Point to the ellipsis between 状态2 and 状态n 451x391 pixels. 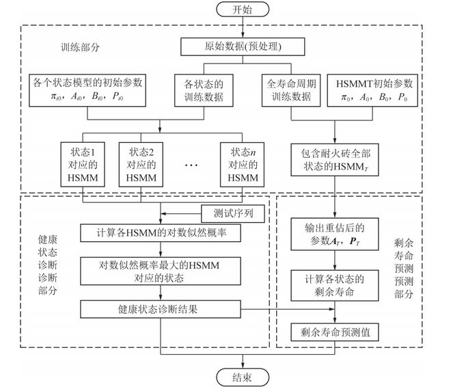pyautogui.click(x=191, y=164)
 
